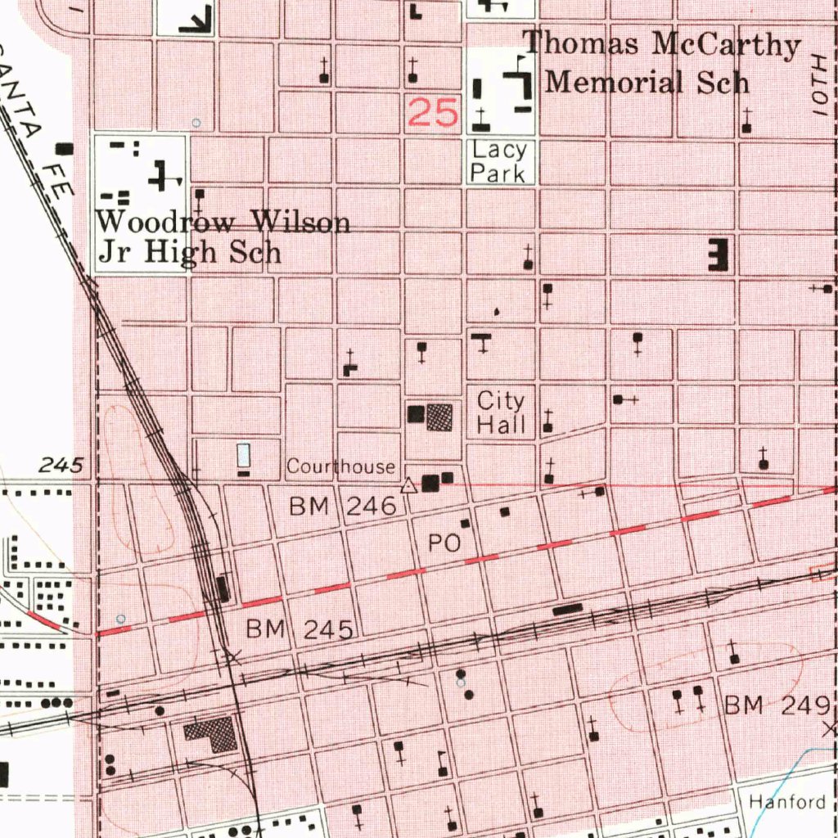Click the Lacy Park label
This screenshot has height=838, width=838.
(x=500, y=161)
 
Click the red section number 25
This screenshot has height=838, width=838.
(x=433, y=113)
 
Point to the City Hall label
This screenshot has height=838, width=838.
(x=501, y=412)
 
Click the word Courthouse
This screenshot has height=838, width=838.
(x=341, y=466)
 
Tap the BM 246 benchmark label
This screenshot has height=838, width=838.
(x=343, y=507)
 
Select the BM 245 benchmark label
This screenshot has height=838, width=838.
(x=300, y=629)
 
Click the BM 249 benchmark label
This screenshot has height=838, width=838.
(x=778, y=705)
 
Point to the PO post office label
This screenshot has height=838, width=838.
(x=445, y=543)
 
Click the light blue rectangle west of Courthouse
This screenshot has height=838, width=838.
(x=243, y=454)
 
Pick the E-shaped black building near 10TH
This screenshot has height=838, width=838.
(x=718, y=255)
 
